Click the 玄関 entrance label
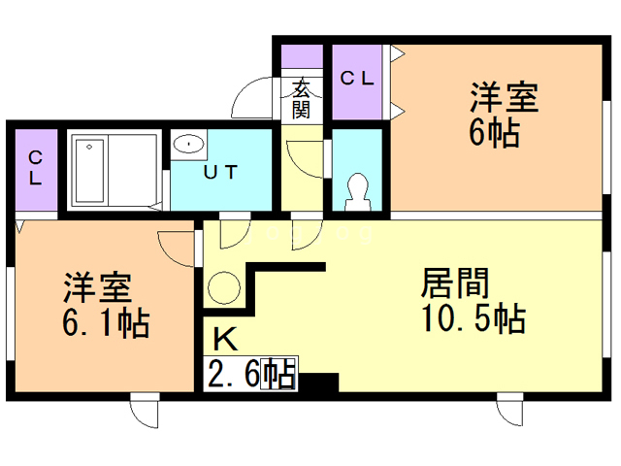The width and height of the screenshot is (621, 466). point(302,98)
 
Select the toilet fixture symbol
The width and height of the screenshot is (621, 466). point(358,188)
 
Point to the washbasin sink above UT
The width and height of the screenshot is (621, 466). point(188,146)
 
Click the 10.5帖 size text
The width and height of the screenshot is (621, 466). point(473,317)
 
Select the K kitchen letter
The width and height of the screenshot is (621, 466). point(224,339)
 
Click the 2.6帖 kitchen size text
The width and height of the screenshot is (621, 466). point(251,374)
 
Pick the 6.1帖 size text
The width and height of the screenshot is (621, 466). point(106,321)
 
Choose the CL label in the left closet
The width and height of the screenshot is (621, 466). point(35,168)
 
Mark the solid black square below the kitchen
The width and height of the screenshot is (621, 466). point(319,383)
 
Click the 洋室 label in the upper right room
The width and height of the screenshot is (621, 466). point(505,98)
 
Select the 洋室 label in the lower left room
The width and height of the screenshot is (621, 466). point(97,287)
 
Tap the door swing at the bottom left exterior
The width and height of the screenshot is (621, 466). point(145,414)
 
